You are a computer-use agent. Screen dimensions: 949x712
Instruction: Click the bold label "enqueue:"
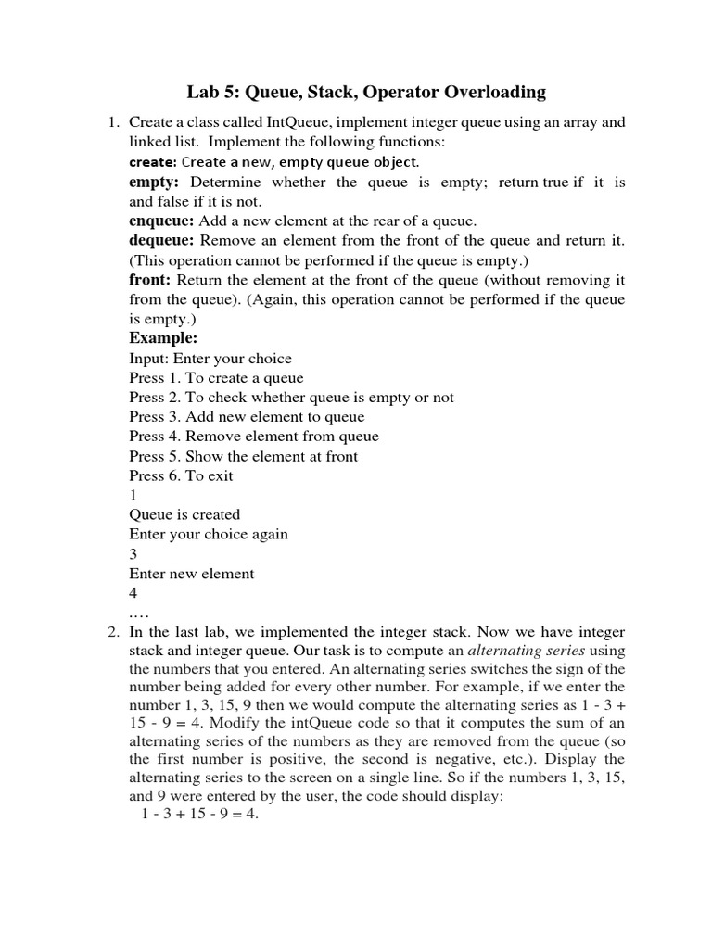[161, 221]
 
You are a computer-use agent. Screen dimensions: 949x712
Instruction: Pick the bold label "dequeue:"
[162, 240]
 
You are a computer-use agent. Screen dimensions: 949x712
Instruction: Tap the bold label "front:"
[150, 280]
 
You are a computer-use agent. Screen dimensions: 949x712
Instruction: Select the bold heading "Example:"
[163, 338]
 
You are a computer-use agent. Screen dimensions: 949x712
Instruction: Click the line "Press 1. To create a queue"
[216, 378]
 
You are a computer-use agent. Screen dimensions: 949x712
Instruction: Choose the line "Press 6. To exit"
[181, 475]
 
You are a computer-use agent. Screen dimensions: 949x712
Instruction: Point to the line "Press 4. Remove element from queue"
[253, 437]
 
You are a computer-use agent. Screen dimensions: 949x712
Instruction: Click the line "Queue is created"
[184, 514]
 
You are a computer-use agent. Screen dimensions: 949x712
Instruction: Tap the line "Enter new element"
[191, 574]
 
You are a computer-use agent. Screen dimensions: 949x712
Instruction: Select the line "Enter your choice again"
[209, 534]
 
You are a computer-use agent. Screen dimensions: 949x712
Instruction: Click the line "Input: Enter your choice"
[210, 359]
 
